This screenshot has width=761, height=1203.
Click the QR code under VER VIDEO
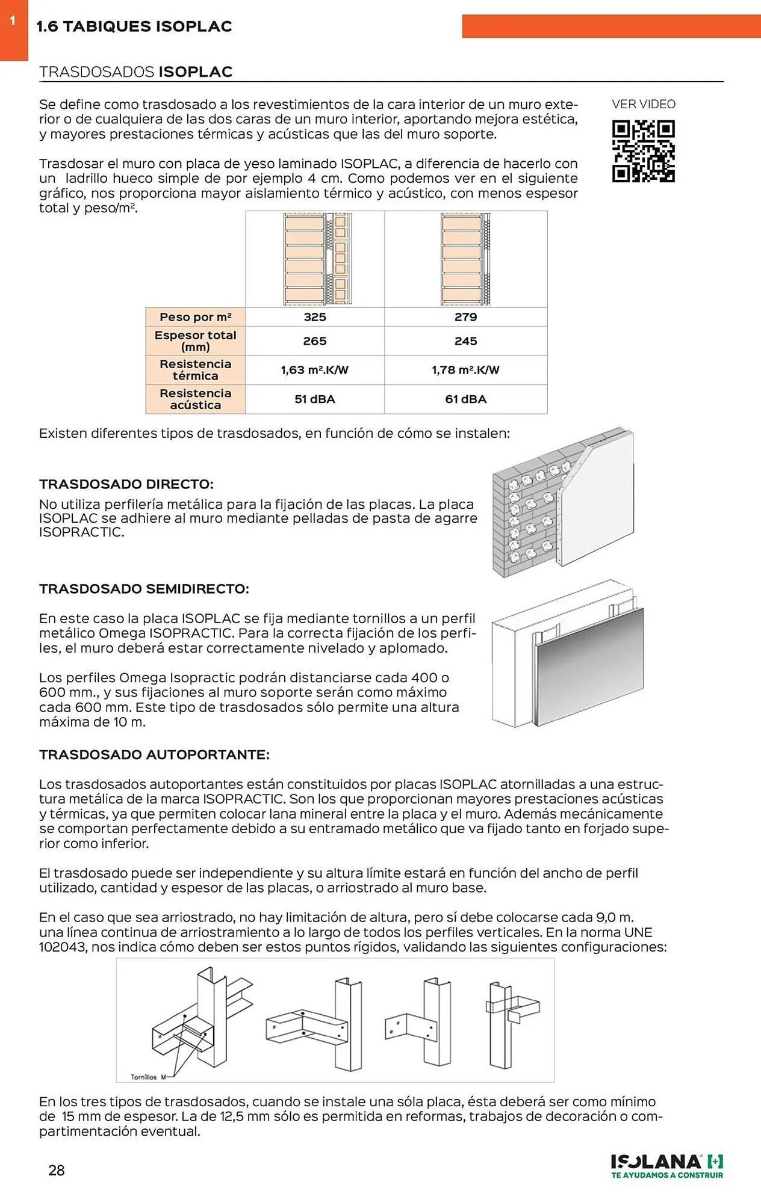tap(643, 151)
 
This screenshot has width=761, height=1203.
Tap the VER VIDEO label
tap(643, 104)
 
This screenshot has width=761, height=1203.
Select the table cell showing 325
tap(314, 317)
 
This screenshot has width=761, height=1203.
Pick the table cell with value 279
tap(465, 317)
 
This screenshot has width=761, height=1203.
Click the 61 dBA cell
tap(465, 399)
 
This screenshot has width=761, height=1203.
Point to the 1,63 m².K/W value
tap(314, 370)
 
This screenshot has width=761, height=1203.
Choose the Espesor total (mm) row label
tap(195, 341)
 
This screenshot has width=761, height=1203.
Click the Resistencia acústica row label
tap(195, 399)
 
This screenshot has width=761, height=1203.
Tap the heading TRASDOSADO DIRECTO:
tap(126, 484)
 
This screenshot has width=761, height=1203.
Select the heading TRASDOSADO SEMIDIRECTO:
tap(144, 589)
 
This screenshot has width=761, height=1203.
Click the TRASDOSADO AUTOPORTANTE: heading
tap(154, 754)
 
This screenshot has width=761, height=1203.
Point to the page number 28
tap(57, 1170)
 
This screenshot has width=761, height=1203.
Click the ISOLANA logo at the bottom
tap(666, 1166)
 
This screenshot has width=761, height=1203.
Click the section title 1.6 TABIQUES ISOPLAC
tap(134, 26)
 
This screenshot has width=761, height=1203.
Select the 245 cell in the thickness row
tap(465, 341)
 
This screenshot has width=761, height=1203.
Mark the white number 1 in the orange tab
tap(13, 21)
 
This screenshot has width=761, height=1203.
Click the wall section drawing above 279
tap(465, 259)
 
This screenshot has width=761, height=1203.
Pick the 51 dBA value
tap(314, 399)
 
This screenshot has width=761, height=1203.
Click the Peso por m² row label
tap(195, 317)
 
